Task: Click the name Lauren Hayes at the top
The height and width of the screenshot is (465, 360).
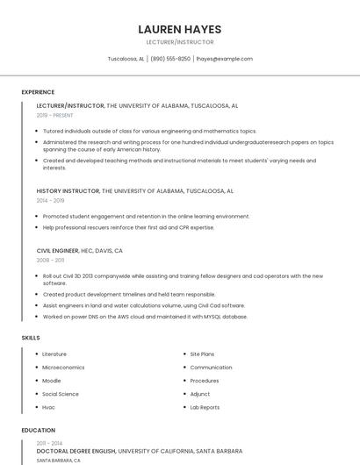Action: coord(180,29)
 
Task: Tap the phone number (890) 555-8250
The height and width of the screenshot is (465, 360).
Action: coord(170,59)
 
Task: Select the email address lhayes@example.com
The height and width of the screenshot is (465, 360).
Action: coord(224,59)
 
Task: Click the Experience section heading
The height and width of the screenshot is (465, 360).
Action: coord(38,92)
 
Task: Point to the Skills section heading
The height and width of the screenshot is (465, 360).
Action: coord(31,337)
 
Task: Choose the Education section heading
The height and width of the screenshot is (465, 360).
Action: coord(39,431)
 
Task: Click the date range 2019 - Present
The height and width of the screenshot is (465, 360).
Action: coord(55,115)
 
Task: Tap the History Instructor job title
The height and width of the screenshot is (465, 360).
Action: coord(68,190)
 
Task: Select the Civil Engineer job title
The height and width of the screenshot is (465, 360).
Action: coord(58,250)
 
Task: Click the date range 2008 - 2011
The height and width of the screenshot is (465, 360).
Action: coord(50,261)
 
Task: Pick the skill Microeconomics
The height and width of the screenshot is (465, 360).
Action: coord(63,367)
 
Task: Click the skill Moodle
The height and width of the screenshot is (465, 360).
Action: coord(52,381)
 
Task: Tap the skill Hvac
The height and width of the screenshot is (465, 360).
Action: coord(49,407)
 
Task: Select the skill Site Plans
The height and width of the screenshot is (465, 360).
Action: coord(202,354)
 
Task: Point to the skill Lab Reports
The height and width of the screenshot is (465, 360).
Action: coord(205,407)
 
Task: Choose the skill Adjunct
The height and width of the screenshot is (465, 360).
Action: coord(200,394)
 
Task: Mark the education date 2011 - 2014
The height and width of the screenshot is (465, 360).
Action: coord(50,443)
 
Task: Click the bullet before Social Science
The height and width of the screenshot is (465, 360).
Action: coord(36,394)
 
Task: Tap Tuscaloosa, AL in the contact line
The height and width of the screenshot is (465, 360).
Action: coord(126,59)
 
